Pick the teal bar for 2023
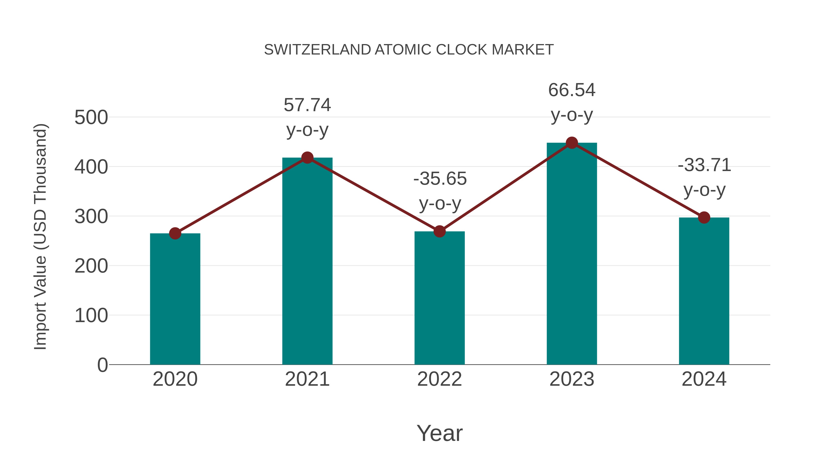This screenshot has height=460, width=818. (x=572, y=254)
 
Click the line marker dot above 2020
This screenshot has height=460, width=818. (x=175, y=233)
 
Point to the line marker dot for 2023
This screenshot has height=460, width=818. (x=572, y=143)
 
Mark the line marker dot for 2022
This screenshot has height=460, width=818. (x=439, y=231)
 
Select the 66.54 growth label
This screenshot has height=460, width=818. (x=572, y=102)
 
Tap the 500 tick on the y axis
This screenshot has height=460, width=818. (x=91, y=117)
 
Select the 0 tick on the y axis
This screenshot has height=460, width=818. (x=102, y=365)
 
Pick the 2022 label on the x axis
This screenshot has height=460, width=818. (x=439, y=379)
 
